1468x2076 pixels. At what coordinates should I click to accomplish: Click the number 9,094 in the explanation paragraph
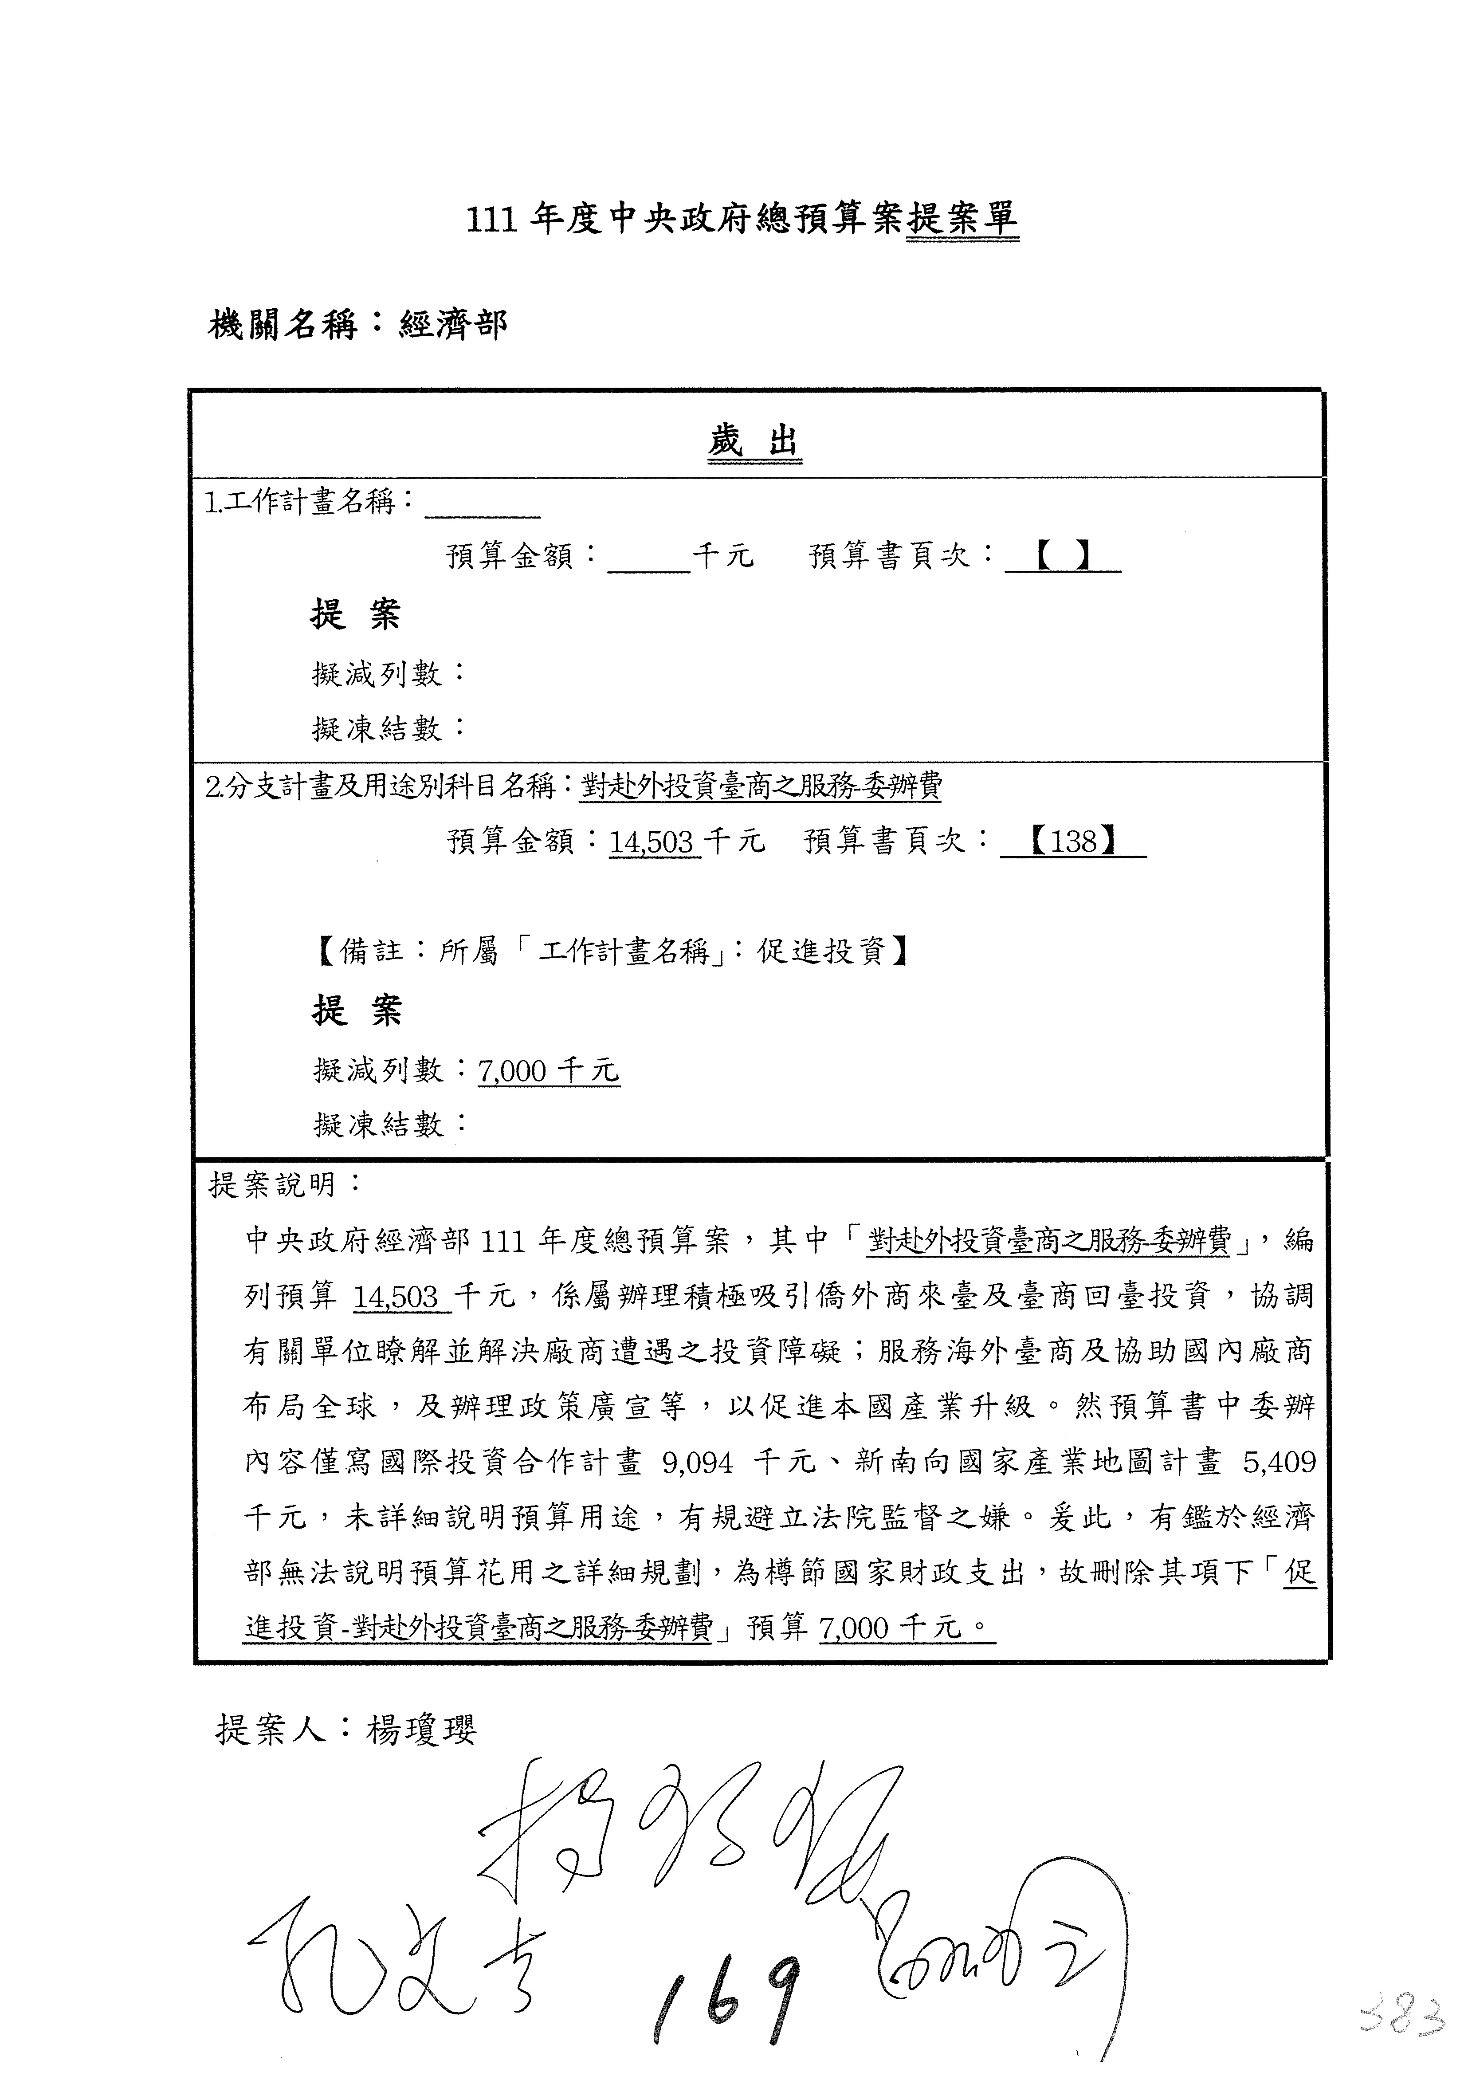pyautogui.click(x=697, y=1462)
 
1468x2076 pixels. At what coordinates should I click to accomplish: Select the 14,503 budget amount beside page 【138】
pyautogui.click(x=651, y=843)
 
